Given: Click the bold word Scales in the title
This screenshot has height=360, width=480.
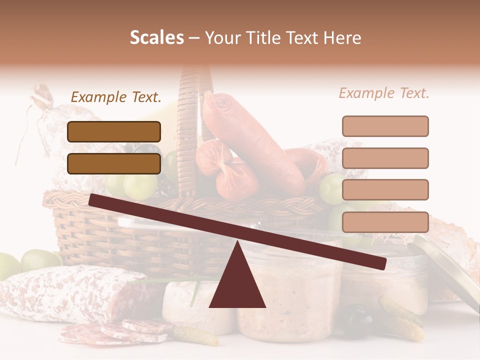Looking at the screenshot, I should [157, 38].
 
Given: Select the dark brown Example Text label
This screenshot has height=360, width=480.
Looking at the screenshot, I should [116, 97].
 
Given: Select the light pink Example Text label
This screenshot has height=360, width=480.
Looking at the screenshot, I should [384, 93].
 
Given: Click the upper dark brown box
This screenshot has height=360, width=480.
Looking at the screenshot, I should [114, 131].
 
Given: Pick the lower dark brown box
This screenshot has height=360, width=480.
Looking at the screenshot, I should [114, 163].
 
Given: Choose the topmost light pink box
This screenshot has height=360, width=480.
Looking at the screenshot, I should [385, 126].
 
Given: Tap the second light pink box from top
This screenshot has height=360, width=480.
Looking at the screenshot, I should [385, 158].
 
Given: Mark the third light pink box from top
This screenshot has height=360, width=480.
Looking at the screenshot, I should [385, 189].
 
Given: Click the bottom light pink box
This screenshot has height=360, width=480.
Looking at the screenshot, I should [385, 222].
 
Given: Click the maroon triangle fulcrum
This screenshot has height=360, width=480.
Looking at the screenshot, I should [237, 285].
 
